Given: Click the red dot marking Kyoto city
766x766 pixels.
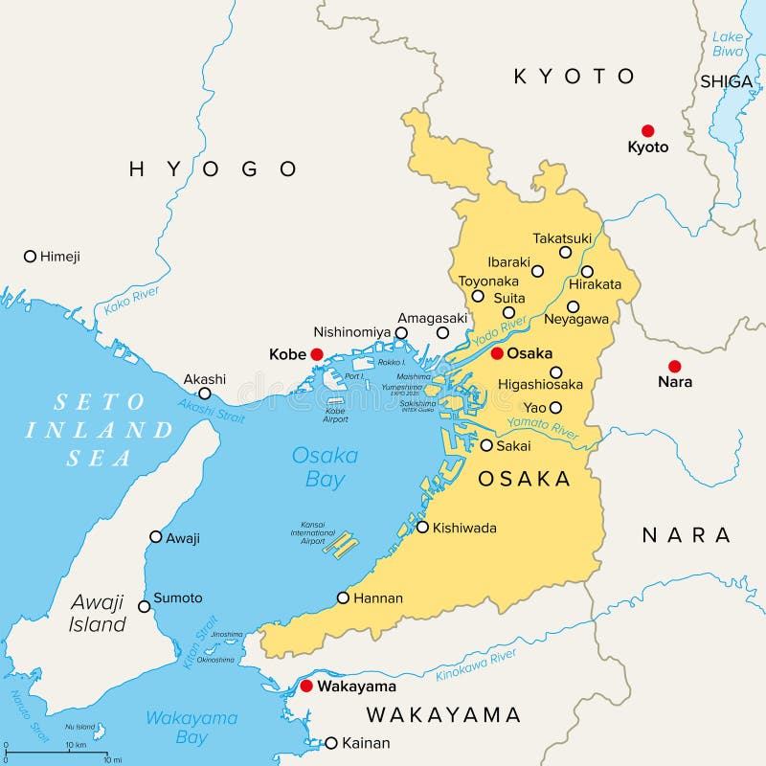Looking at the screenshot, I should pyautogui.click(x=648, y=130).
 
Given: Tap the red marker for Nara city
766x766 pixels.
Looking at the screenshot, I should pyautogui.click(x=675, y=366).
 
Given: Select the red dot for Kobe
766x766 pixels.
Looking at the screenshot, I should pyautogui.click(x=317, y=354).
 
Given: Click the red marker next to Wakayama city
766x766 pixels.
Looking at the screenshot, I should pyautogui.click(x=306, y=687).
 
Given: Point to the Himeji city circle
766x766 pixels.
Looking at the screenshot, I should pyautogui.click(x=30, y=256).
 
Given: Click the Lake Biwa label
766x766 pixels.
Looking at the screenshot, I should pyautogui.click(x=728, y=44).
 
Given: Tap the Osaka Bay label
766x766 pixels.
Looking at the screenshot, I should pyautogui.click(x=325, y=467).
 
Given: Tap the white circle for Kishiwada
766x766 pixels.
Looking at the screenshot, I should pyautogui.click(x=422, y=527).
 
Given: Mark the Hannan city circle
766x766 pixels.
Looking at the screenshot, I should pyautogui.click(x=343, y=597).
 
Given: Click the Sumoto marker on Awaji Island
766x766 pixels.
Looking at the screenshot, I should pyautogui.click(x=145, y=605).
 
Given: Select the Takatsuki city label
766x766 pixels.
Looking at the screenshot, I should pyautogui.click(x=563, y=237).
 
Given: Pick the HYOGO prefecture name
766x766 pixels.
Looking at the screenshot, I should pyautogui.click(x=213, y=169).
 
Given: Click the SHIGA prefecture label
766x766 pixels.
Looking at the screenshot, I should pyautogui.click(x=726, y=81).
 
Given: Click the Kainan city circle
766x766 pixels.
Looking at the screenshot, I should pyautogui.click(x=331, y=743).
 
